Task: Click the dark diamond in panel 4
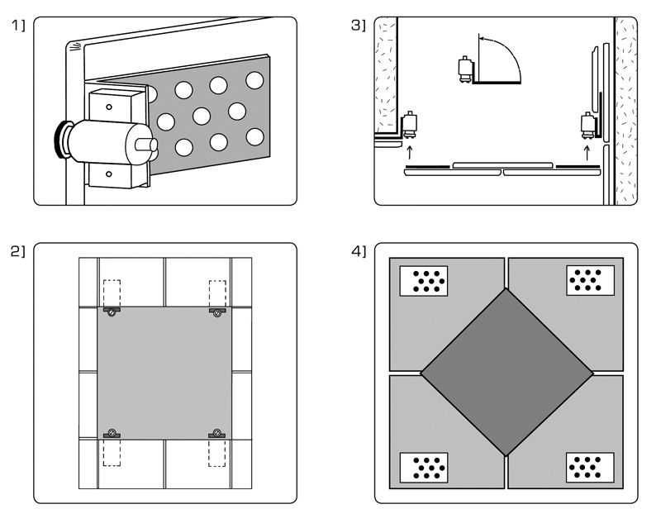point(507,373)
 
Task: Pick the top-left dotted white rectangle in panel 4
point(424,281)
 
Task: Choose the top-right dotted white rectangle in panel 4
point(590,280)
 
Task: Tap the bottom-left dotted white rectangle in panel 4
point(424,468)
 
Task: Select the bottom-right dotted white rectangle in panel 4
point(590,468)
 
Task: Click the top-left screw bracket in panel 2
point(112,312)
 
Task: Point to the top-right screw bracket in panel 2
point(217,312)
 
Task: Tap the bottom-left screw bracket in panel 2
point(112,433)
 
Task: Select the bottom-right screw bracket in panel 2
point(217,433)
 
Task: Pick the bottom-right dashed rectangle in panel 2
point(217,453)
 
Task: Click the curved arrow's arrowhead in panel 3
point(483,37)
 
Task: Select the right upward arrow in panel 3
point(587,152)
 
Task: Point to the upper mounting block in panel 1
point(108,105)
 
